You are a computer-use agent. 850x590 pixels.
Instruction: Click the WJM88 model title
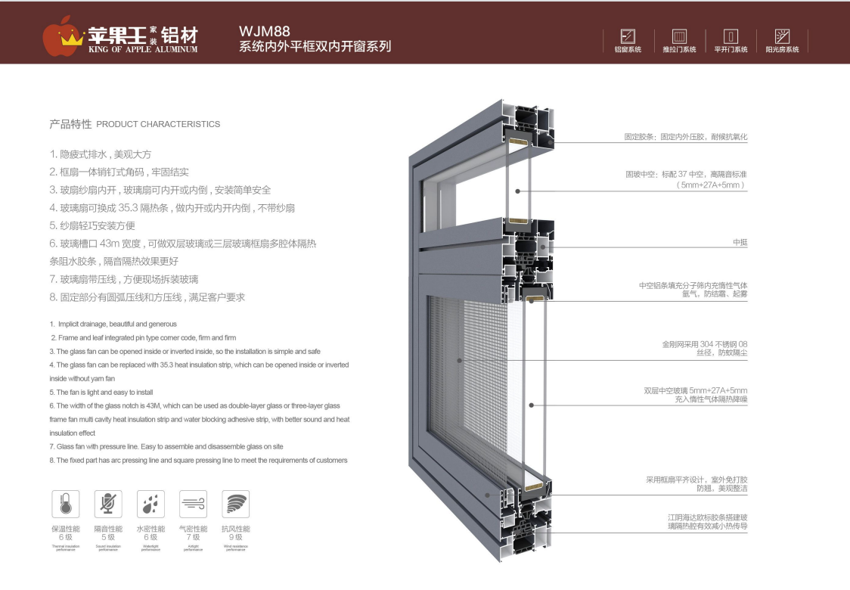click(x=265, y=31)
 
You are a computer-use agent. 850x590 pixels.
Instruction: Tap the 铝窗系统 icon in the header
click(x=628, y=36)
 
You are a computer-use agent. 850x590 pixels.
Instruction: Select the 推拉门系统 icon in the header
click(x=679, y=36)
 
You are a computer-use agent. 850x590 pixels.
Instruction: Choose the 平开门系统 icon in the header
click(x=731, y=36)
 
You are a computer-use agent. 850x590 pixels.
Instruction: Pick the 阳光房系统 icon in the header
click(x=782, y=36)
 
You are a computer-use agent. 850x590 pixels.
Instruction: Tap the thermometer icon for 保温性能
click(x=66, y=504)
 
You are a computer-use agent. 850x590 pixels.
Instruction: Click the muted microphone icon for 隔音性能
click(x=108, y=504)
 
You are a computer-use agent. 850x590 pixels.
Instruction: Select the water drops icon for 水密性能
click(x=150, y=504)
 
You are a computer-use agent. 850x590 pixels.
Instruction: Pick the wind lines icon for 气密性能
click(x=193, y=504)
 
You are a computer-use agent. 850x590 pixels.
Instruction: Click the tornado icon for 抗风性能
click(x=235, y=504)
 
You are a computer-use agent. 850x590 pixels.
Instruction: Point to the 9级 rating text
click(x=235, y=538)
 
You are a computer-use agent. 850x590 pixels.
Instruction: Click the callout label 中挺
click(x=739, y=242)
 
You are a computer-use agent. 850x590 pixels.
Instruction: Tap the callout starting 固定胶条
click(x=685, y=137)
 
